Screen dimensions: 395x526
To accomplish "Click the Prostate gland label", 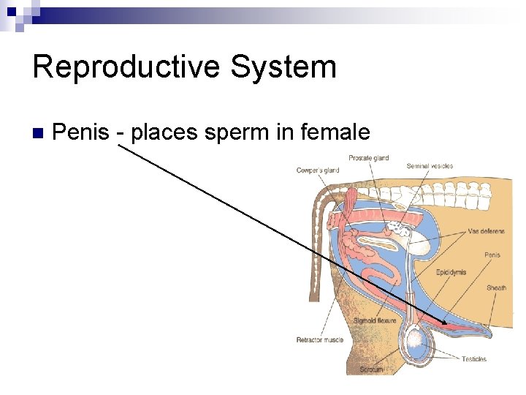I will point(368,158).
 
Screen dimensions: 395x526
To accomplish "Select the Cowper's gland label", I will point(318,170).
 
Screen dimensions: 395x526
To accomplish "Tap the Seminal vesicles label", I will point(430,166).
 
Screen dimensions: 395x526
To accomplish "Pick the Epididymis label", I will point(451,272).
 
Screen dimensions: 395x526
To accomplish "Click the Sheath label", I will point(496,287).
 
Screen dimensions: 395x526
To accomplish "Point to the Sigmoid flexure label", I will point(375,320).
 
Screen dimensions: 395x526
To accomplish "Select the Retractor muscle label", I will point(319,339).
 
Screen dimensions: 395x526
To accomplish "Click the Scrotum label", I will point(370,369).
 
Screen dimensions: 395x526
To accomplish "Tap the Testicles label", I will point(474,358).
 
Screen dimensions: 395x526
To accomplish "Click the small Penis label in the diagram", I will point(492,255).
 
